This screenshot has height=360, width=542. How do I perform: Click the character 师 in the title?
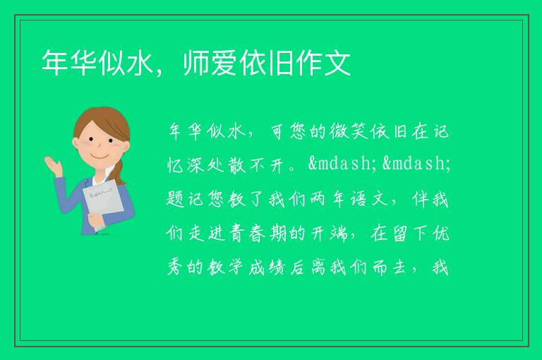(x=196, y=63)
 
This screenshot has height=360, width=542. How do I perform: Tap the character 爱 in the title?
(x=224, y=63)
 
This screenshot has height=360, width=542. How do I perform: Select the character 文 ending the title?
(x=338, y=63)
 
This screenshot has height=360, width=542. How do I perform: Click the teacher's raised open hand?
(x=53, y=166)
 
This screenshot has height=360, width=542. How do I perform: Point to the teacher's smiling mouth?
(x=99, y=157)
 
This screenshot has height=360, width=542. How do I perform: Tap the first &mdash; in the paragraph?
(x=343, y=163)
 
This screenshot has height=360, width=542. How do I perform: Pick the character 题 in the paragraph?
(x=175, y=200)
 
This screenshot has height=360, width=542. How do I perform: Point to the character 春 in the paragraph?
(x=257, y=234)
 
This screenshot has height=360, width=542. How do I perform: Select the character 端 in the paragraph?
(x=339, y=234)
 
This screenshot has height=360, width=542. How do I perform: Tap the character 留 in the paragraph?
(x=400, y=234)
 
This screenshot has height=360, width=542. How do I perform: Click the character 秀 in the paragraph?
(x=175, y=268)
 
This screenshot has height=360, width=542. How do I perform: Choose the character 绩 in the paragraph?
(x=277, y=268)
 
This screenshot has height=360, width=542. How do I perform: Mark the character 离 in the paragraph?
(x=318, y=268)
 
